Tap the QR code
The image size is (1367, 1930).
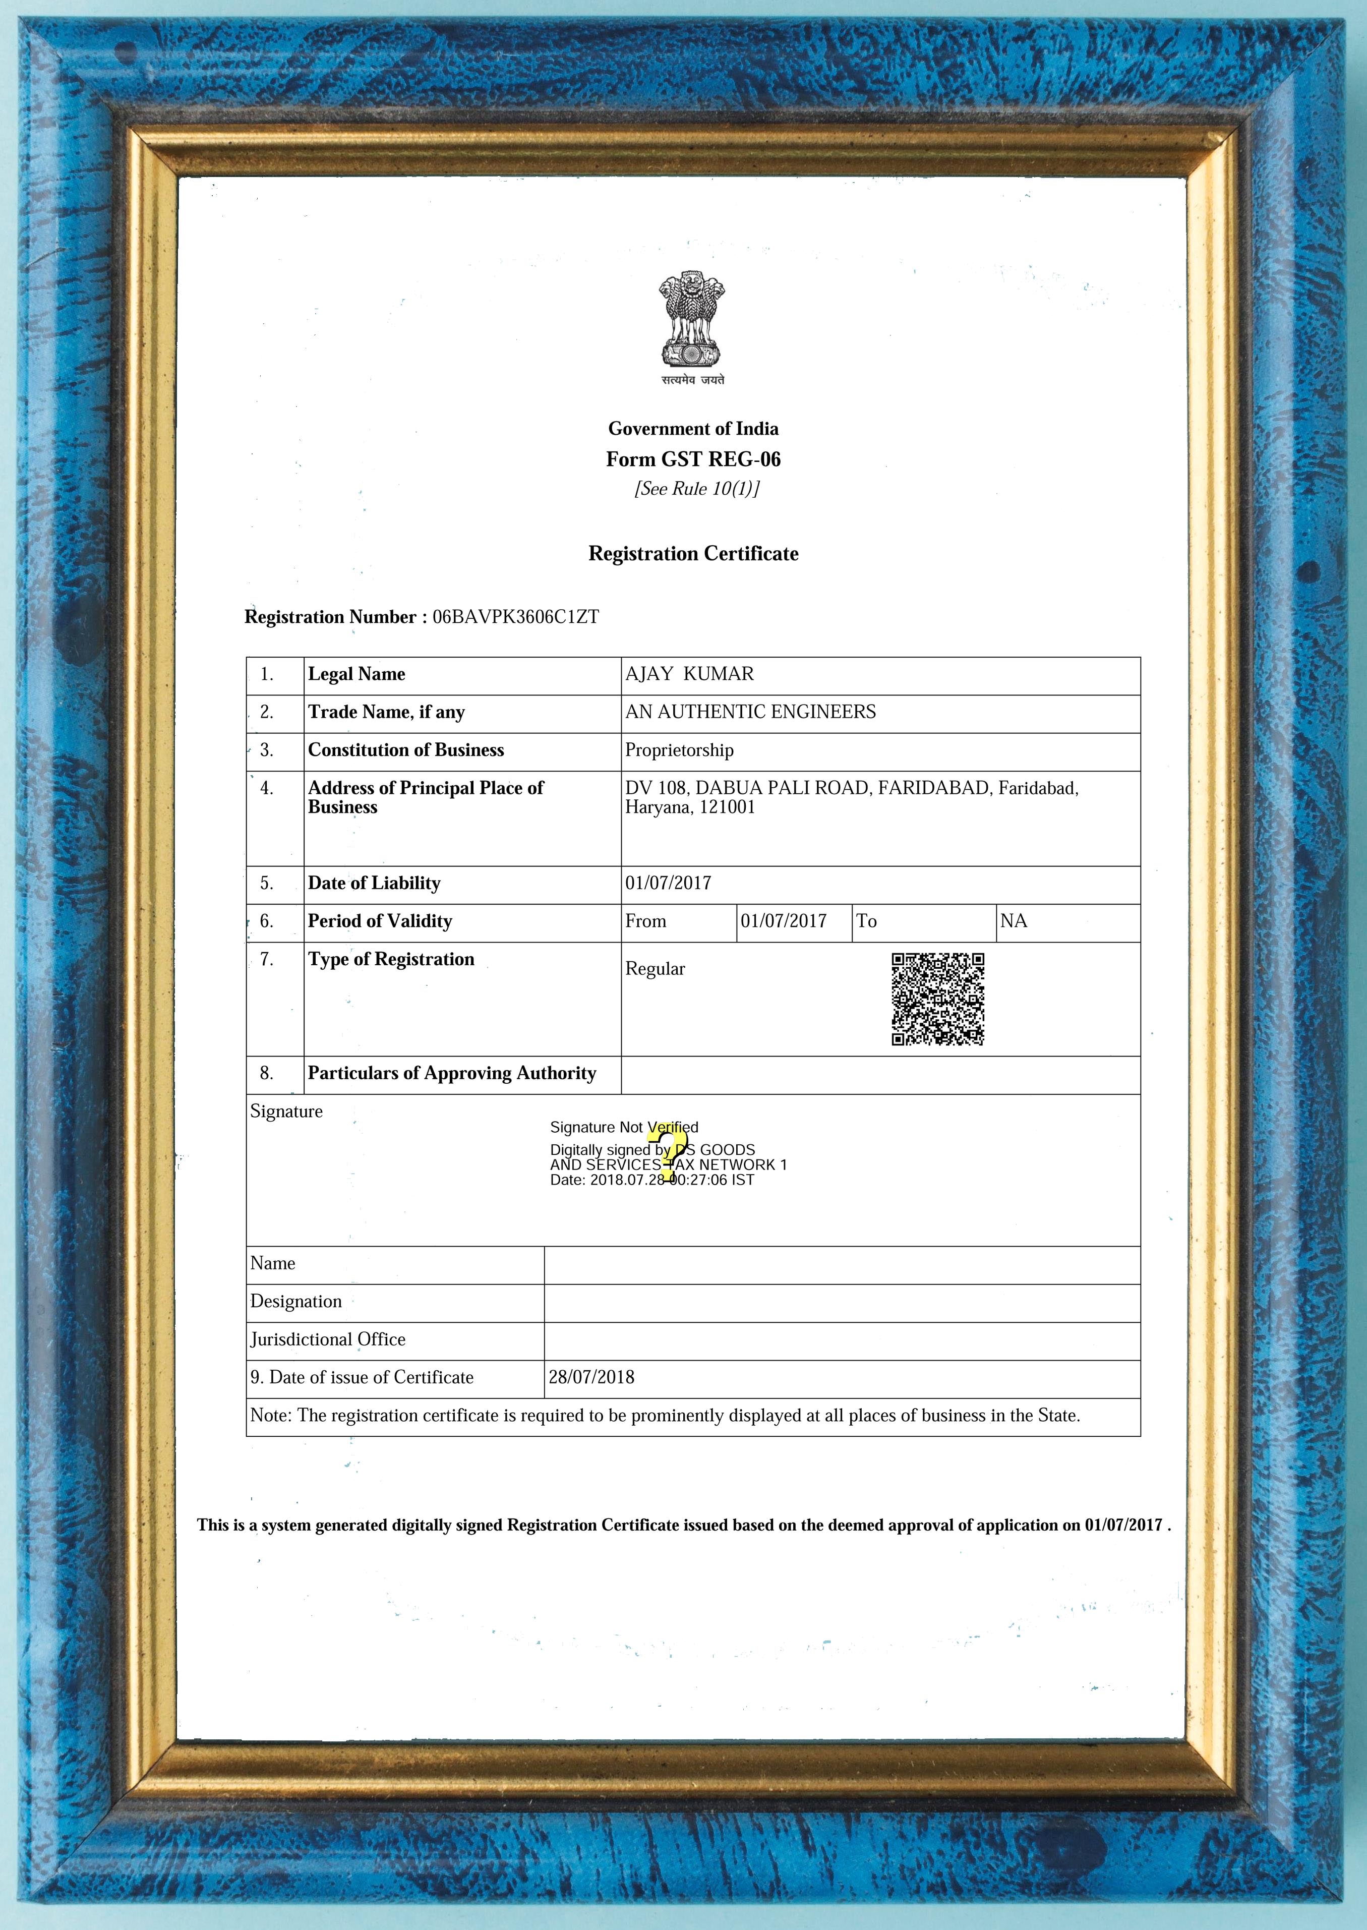click(938, 999)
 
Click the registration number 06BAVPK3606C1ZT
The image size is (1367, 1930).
click(515, 617)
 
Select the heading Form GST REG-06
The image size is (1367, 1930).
click(693, 459)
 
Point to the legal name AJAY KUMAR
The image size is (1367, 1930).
click(689, 674)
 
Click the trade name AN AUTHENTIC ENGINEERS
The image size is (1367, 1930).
click(750, 712)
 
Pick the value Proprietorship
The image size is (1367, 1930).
click(679, 750)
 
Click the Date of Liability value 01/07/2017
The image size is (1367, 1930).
click(668, 883)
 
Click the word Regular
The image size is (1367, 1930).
click(655, 969)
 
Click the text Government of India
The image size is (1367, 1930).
click(693, 429)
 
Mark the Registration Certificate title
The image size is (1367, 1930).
click(693, 554)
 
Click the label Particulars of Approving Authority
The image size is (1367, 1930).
click(451, 1073)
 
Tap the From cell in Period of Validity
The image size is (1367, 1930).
click(645, 921)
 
